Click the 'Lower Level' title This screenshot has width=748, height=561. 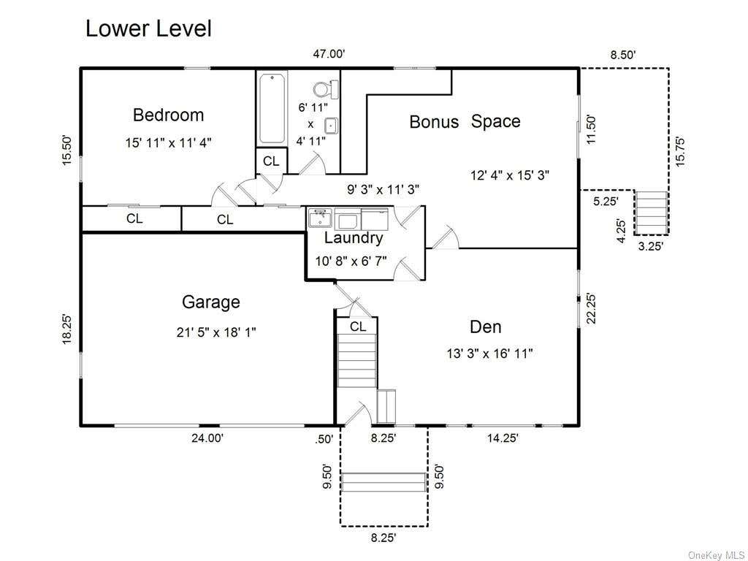(x=148, y=28)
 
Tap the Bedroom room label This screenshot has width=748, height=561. (x=169, y=115)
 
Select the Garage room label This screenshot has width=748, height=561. (x=211, y=302)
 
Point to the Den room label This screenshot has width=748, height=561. (x=486, y=327)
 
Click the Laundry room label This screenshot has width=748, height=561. (x=354, y=237)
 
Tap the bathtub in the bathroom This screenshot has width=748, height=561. (x=272, y=108)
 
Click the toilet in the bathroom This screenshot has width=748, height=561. (x=326, y=88)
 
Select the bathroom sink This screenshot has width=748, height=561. (x=332, y=126)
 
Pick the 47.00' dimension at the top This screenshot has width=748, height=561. (x=329, y=54)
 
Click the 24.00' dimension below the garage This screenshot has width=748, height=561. (x=207, y=438)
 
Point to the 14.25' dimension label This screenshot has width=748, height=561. (x=503, y=438)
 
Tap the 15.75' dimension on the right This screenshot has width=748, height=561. (x=681, y=152)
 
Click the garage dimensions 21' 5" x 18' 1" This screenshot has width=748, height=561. (x=216, y=332)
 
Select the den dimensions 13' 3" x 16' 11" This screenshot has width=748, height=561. (x=489, y=354)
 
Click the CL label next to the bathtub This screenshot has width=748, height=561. (x=271, y=161)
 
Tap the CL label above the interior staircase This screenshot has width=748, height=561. (x=358, y=327)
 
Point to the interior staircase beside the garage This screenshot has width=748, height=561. (x=356, y=361)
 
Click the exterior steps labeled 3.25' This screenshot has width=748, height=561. (x=652, y=213)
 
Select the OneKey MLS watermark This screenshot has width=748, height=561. (x=717, y=555)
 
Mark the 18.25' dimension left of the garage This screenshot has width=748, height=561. (x=67, y=329)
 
